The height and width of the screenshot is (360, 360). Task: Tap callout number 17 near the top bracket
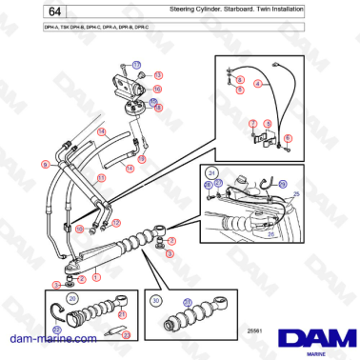pos(136,63)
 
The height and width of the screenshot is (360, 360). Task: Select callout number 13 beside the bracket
pos(158,74)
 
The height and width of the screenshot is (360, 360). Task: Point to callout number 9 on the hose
pos(45,164)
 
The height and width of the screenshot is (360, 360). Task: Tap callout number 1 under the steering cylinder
pos(96,276)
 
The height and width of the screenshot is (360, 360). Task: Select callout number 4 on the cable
pos(257,84)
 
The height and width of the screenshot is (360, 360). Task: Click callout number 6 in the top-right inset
pos(287,137)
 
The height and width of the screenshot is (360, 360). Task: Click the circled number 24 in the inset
pos(211,170)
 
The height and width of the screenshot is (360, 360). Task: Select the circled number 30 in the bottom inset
pos(156,299)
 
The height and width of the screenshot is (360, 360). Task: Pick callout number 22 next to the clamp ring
pos(56,329)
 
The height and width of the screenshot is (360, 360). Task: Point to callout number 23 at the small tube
pos(126,334)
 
